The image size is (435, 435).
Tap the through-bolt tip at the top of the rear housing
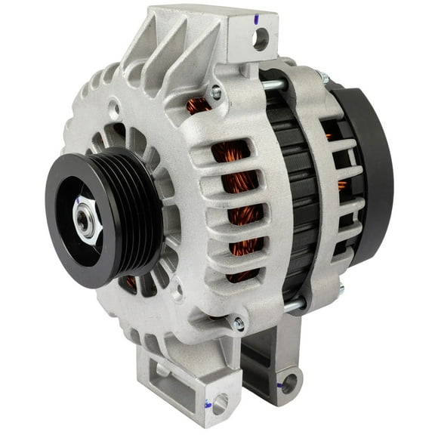click(323, 79)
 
